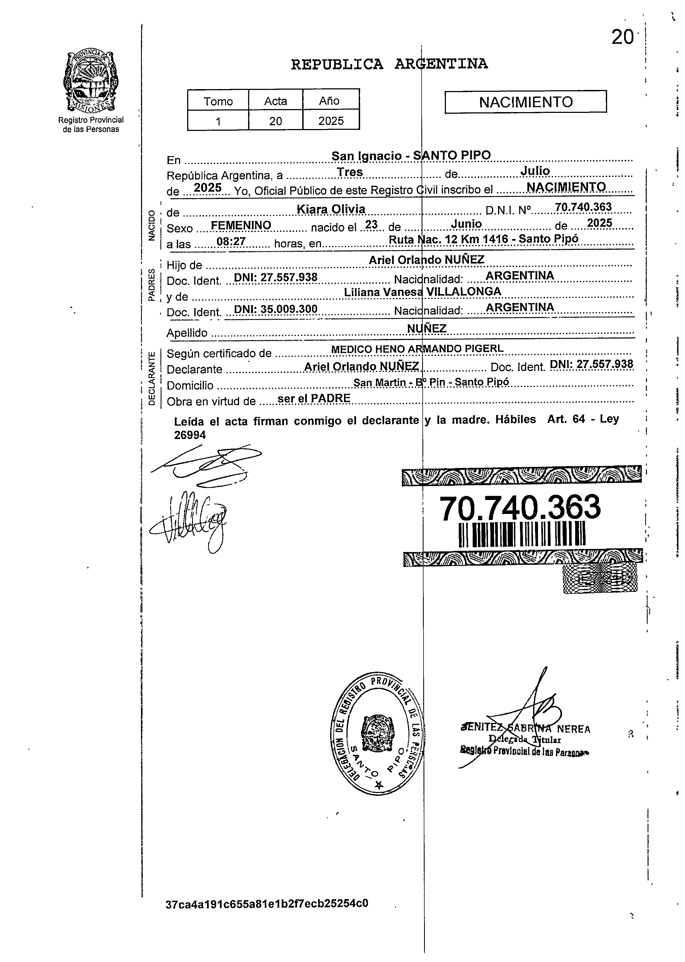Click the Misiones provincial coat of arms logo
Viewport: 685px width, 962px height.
90,81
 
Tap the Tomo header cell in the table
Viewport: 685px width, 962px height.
218,101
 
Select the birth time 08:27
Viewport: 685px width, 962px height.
230,242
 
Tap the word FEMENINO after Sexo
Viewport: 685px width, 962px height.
241,225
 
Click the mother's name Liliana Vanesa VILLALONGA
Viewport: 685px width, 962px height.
422,292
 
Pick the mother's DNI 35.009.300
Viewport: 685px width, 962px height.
275,309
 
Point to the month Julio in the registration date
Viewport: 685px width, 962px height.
535,171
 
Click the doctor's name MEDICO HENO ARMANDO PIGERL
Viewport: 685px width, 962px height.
417,349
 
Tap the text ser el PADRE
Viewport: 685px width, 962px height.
314,398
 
